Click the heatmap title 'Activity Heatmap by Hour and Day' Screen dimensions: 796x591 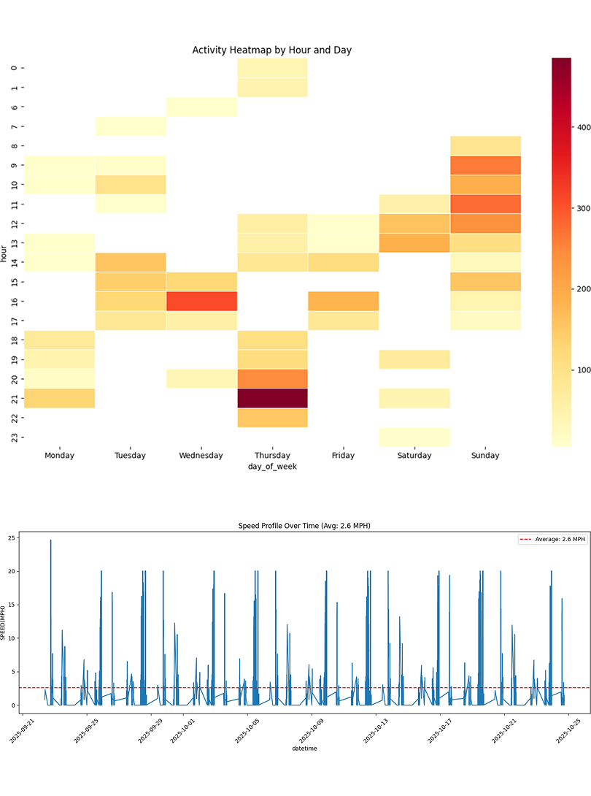(x=272, y=50)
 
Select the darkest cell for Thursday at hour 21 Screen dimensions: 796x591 (x=272, y=398)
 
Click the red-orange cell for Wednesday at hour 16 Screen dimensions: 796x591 (x=201, y=301)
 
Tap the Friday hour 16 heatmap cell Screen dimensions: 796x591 (x=343, y=301)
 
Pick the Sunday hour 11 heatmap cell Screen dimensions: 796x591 (x=485, y=204)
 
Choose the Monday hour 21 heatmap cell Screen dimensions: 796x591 (x=59, y=398)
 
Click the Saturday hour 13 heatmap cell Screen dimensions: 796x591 (x=414, y=242)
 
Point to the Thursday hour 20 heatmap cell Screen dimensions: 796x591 (x=272, y=378)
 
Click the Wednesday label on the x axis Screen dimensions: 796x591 (x=201, y=456)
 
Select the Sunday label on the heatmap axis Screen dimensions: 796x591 (x=485, y=456)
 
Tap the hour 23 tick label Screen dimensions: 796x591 (x=14, y=437)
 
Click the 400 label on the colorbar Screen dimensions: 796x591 (x=582, y=127)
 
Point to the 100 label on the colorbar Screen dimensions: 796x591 (x=582, y=370)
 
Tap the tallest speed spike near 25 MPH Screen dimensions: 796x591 (x=50, y=541)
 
